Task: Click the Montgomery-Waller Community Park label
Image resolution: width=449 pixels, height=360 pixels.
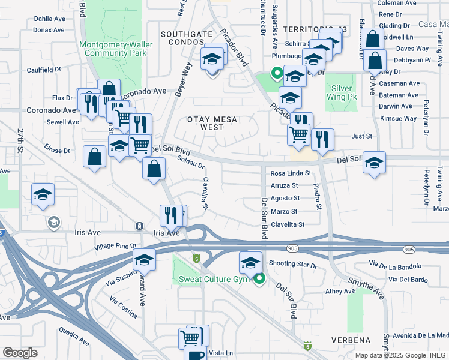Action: click(x=115, y=49)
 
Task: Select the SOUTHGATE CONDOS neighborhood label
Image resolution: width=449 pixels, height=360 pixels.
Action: click(x=185, y=38)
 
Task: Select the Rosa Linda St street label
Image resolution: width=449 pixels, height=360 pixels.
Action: click(x=291, y=173)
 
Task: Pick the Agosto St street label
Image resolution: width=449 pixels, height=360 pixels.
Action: click(x=285, y=198)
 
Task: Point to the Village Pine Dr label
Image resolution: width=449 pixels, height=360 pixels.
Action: click(x=115, y=246)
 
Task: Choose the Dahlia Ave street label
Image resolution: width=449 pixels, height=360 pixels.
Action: click(x=49, y=19)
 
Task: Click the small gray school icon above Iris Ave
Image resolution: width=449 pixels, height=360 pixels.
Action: click(x=53, y=223)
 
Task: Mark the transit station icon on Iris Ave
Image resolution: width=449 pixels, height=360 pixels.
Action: click(x=139, y=226)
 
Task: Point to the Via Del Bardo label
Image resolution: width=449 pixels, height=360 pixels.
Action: click(x=408, y=279)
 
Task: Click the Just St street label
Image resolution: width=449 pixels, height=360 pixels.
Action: click(x=361, y=136)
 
